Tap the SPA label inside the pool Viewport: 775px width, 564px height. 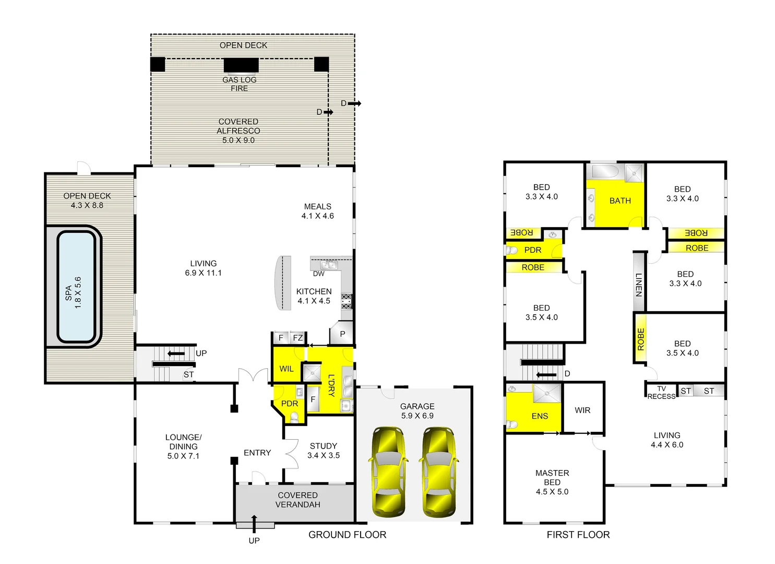tap(68, 292)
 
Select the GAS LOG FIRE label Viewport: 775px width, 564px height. tap(240, 84)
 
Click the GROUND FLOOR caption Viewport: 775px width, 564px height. tap(347, 535)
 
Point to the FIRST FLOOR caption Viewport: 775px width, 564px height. tap(578, 535)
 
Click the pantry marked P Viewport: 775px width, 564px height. tap(342, 334)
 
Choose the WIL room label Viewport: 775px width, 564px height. tap(286, 369)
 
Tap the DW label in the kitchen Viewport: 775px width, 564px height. tap(318, 274)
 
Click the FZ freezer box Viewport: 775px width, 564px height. tap(297, 338)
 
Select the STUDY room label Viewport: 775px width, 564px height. tap(324, 446)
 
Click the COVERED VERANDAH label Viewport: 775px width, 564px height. tap(298, 500)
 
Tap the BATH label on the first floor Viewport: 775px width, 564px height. tap(620, 201)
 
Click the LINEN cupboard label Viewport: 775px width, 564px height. tap(639, 285)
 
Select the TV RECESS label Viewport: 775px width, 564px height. tap(661, 393)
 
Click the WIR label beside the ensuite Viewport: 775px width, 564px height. tap(582, 410)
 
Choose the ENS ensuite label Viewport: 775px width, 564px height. tap(540, 416)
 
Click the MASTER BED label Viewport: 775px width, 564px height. tap(552, 482)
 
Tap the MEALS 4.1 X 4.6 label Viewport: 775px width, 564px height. tap(317, 211)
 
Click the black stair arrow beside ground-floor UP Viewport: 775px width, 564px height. tap(176, 354)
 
